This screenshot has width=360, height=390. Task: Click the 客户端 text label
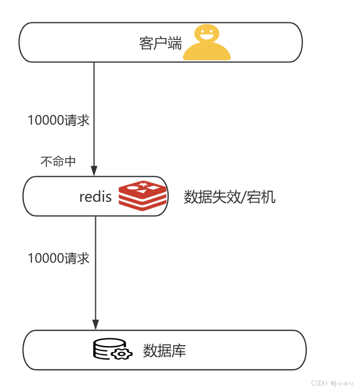pyautogui.click(x=160, y=43)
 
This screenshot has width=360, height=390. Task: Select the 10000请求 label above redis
pyautogui.click(x=58, y=120)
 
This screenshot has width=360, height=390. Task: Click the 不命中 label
pyautogui.click(x=58, y=161)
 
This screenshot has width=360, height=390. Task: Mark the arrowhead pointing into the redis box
pyautogui.click(x=94, y=171)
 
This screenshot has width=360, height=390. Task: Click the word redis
pyautogui.click(x=95, y=196)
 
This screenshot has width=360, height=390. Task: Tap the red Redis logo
pyautogui.click(x=143, y=195)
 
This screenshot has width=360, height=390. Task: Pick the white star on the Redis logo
pyautogui.click(x=143, y=184)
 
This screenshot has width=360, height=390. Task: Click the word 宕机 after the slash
pyautogui.click(x=261, y=197)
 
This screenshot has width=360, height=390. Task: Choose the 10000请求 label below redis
pyautogui.click(x=58, y=258)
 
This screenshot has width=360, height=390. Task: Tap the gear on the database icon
pyautogui.click(x=122, y=354)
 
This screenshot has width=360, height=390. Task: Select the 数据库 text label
pyautogui.click(x=164, y=351)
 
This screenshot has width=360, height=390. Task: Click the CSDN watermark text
pyautogui.click(x=319, y=383)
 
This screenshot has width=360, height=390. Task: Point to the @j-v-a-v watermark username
pyautogui.click(x=342, y=383)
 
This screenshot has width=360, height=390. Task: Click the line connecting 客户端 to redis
pyautogui.click(x=94, y=99)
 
